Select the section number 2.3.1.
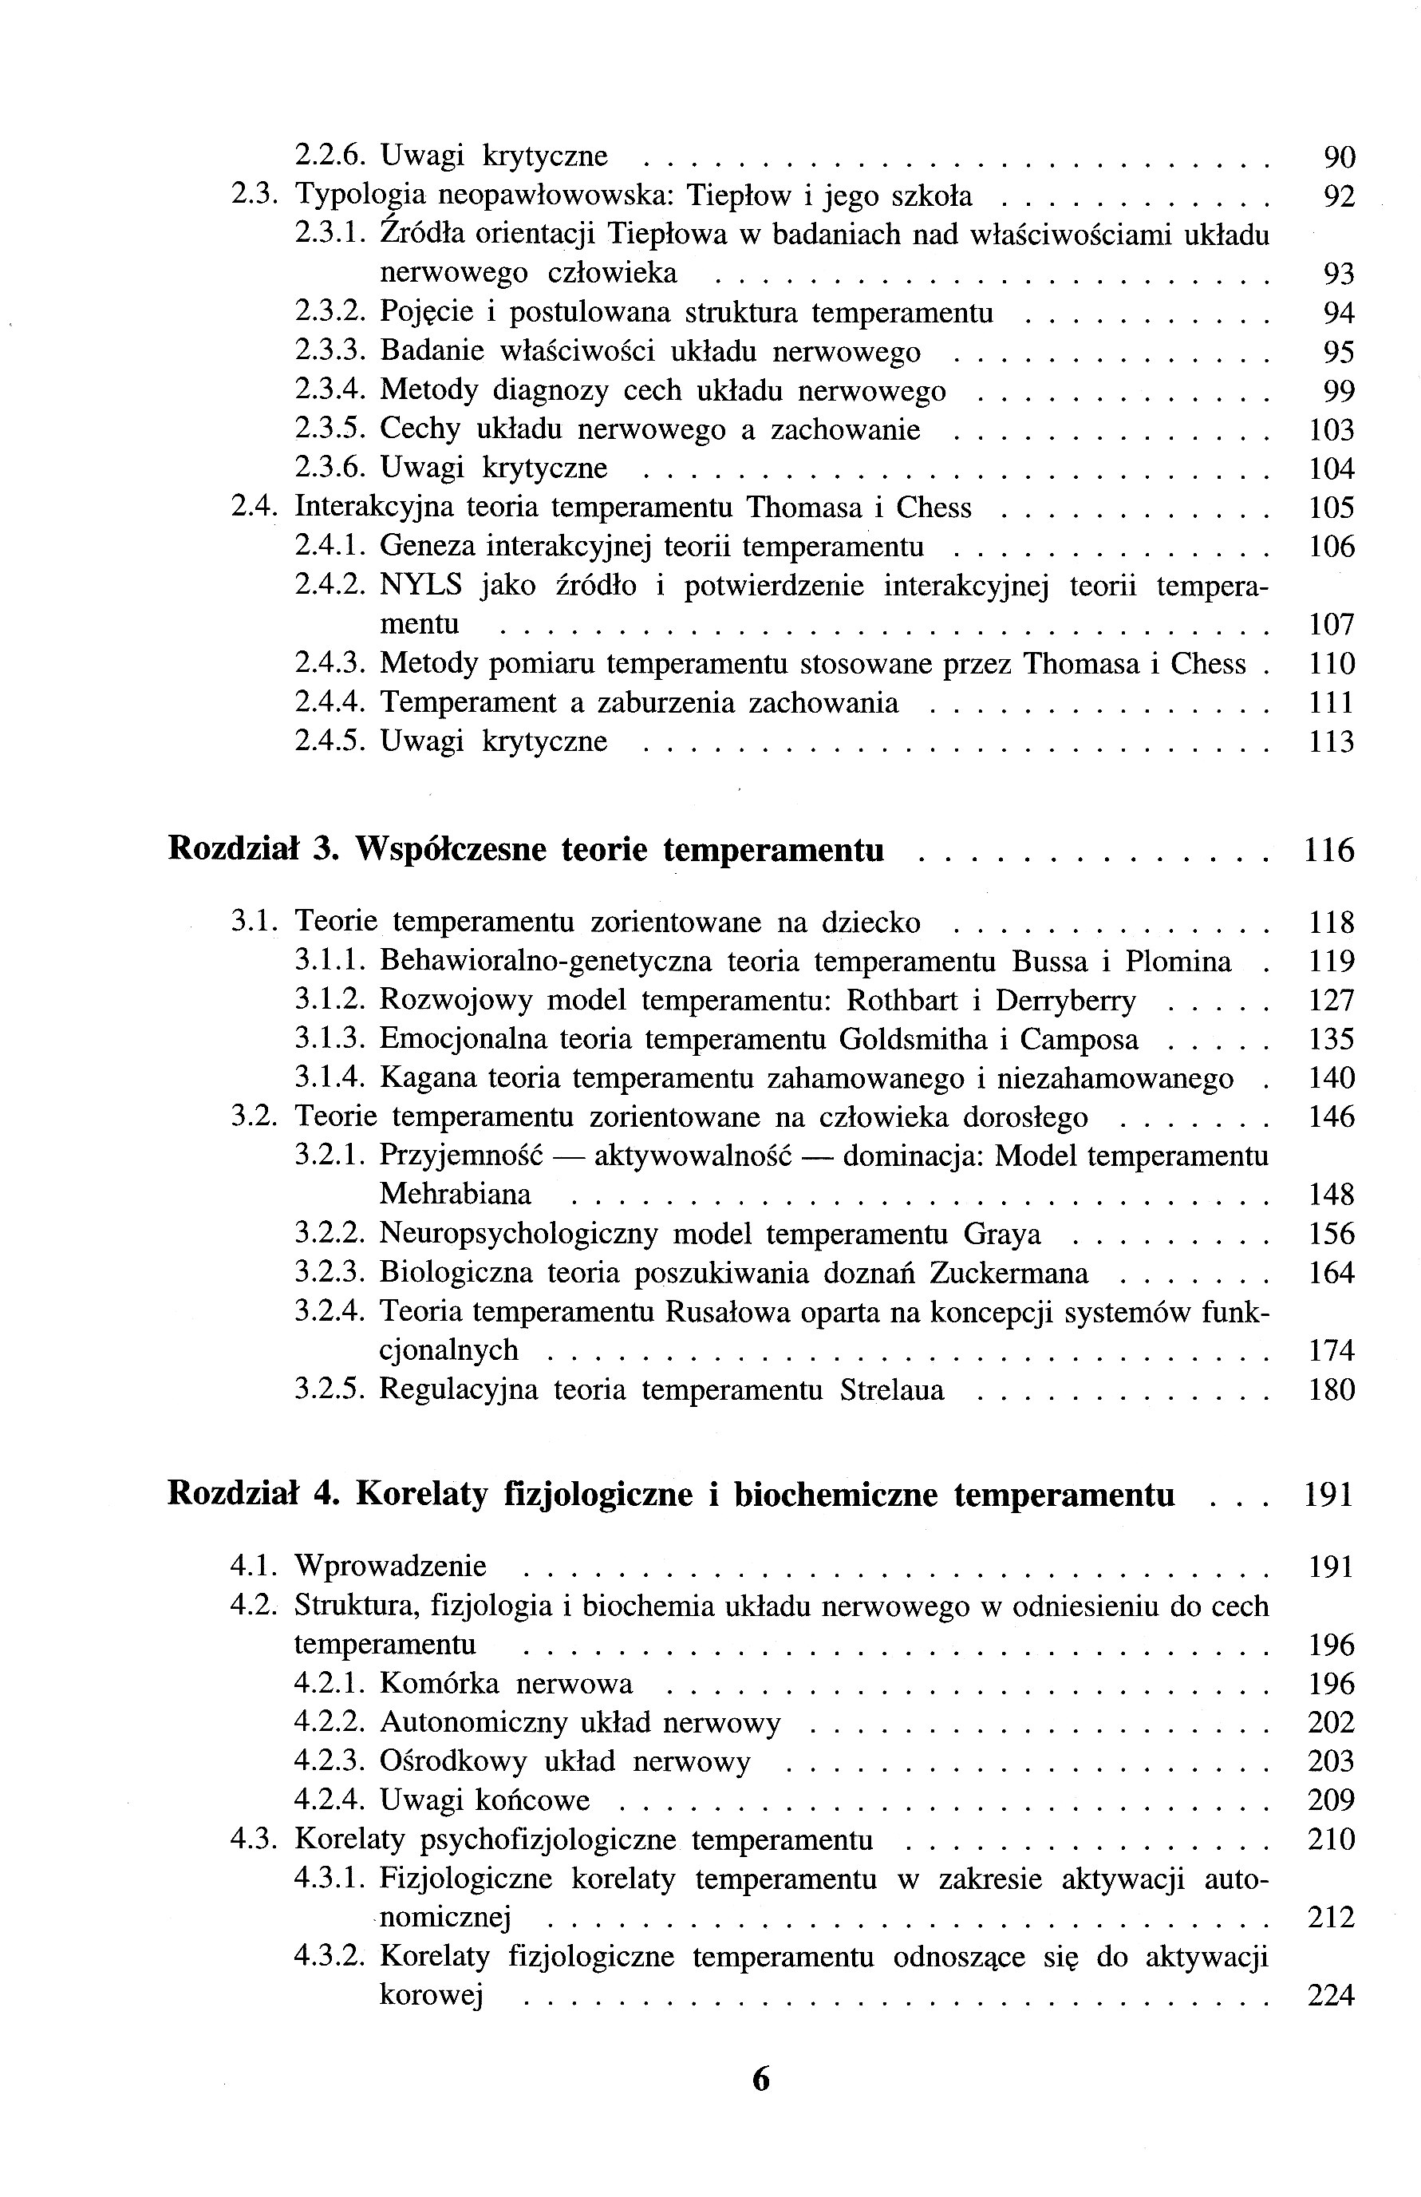click(x=330, y=235)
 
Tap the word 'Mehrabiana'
click(x=456, y=1195)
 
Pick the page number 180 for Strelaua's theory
click(x=1332, y=1390)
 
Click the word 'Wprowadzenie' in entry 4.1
click(x=390, y=1567)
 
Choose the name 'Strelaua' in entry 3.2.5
click(x=892, y=1389)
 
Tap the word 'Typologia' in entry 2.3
click(x=358, y=196)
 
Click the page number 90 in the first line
click(x=1340, y=158)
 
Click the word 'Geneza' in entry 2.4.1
click(x=426, y=547)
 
